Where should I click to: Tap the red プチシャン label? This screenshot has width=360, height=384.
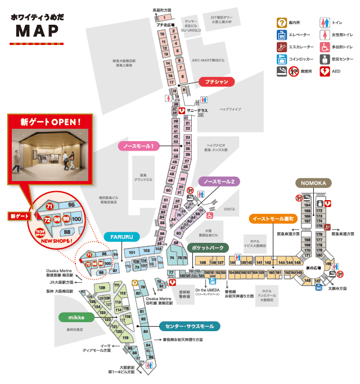pyautogui.click(x=217, y=82)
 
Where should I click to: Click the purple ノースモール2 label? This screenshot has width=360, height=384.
pyautogui.click(x=219, y=182)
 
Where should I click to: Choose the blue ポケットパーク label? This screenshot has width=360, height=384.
pyautogui.click(x=208, y=247)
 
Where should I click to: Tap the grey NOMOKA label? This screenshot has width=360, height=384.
pyautogui.click(x=314, y=183)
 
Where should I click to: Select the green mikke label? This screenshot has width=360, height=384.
pyautogui.click(x=76, y=317)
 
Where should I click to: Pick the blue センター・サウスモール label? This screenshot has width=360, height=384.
pyautogui.click(x=190, y=326)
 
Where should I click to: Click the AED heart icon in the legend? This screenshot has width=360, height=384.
pyautogui.click(x=325, y=71)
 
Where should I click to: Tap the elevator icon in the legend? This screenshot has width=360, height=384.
pyautogui.click(x=281, y=35)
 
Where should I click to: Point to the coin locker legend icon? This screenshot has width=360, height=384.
pyautogui.click(x=281, y=59)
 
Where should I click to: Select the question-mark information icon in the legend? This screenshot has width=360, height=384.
pyautogui.click(x=281, y=22)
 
